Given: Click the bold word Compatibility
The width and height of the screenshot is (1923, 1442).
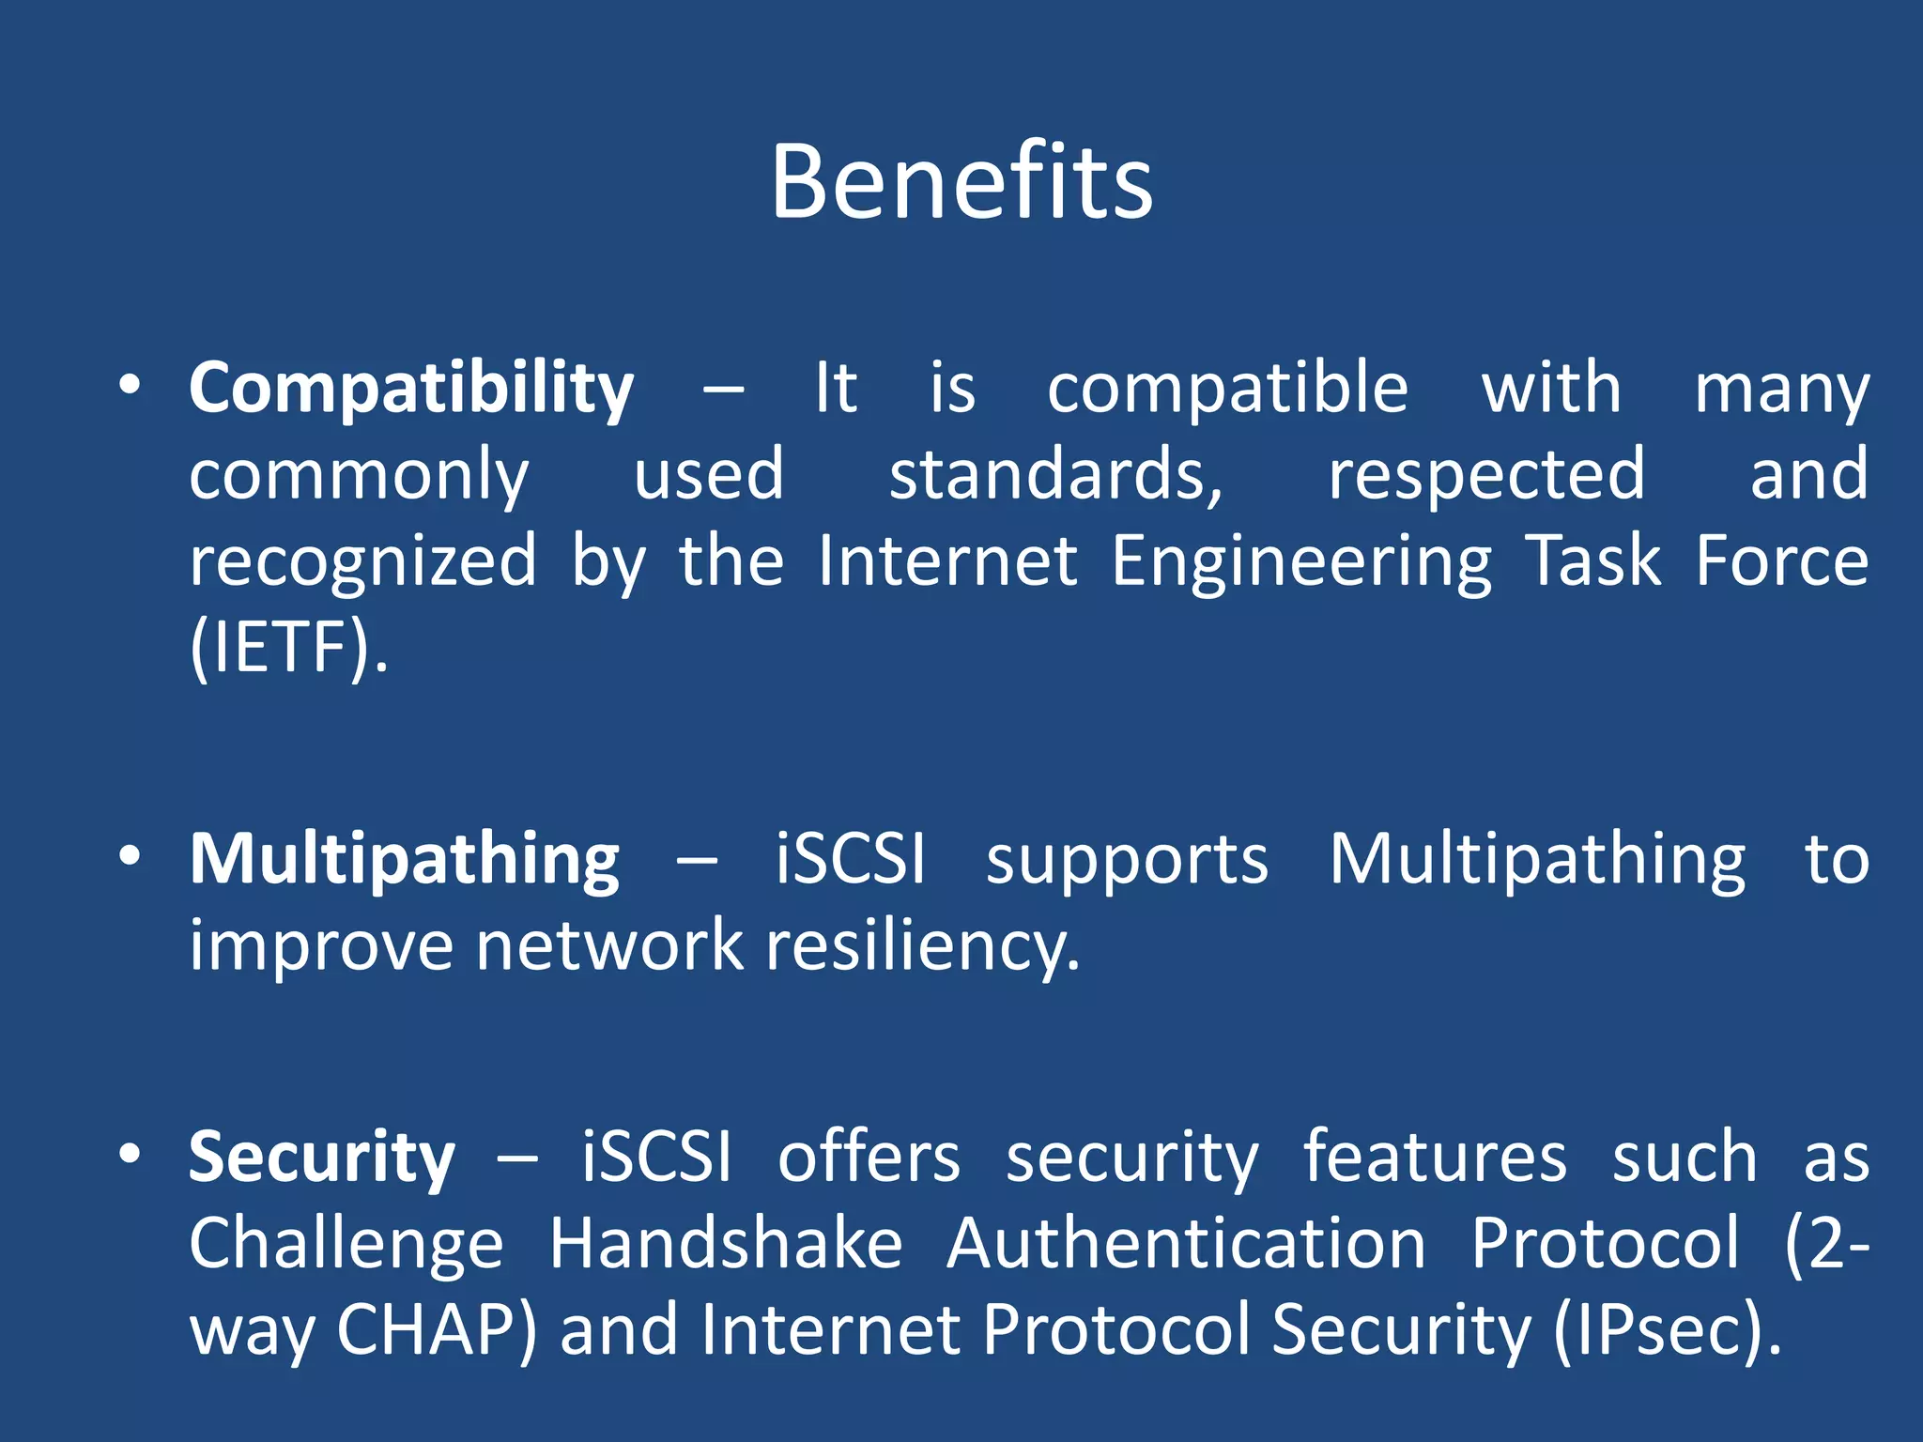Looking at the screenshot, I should point(411,389).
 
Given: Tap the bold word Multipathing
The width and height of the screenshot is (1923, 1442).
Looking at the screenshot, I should point(405,859).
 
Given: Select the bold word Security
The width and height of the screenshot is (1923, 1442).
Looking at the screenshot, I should point(322,1158).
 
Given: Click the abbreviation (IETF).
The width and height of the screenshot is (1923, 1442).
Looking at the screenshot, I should point(288,648).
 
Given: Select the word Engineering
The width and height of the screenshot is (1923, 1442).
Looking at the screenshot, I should point(1301,562).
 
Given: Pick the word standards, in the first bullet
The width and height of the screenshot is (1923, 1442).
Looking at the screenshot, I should point(1056,475).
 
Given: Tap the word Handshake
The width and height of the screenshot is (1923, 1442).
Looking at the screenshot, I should point(726,1244).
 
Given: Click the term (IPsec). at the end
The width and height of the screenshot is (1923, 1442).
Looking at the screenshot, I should point(1667,1330).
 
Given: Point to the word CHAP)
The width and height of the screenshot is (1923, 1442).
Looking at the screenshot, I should point(437,1330).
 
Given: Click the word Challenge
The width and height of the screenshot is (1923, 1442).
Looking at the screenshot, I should point(346,1244).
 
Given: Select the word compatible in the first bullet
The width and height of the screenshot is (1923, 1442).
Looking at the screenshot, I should point(1227,389).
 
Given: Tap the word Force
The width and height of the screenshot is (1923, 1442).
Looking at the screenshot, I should point(1781,562).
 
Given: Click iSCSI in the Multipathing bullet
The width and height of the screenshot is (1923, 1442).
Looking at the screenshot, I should point(851,859).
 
